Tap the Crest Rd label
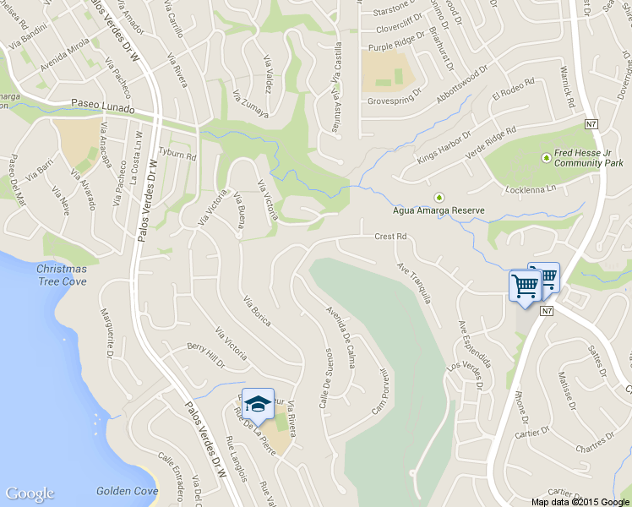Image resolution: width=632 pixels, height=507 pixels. click(x=391, y=237)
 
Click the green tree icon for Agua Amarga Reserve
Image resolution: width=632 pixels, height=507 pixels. click(x=438, y=198)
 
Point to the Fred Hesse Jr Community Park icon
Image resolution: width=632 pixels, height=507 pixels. click(x=546, y=156)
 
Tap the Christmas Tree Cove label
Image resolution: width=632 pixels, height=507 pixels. click(x=61, y=274)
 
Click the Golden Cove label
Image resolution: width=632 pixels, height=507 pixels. click(x=127, y=490)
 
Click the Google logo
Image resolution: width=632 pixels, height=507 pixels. click(x=30, y=493)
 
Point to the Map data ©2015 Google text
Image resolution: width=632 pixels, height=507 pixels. click(x=580, y=501)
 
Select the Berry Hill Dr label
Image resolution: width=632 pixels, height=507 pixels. click(x=206, y=356)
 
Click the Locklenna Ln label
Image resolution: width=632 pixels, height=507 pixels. click(x=531, y=188)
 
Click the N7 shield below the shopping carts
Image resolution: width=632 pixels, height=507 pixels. click(x=548, y=312)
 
